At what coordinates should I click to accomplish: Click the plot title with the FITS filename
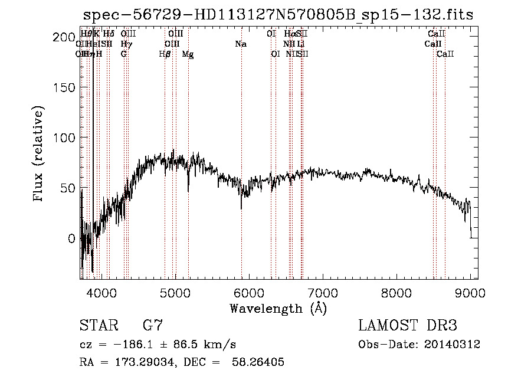(277, 15)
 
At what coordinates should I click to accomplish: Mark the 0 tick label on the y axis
(71, 238)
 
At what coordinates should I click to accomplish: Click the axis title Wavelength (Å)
(277, 308)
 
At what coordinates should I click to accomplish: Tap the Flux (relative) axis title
(40, 155)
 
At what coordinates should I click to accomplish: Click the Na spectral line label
(241, 44)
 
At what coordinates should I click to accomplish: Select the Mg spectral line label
(188, 54)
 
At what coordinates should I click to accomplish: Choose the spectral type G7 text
(152, 326)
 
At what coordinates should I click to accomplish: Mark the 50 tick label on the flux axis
(67, 188)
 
